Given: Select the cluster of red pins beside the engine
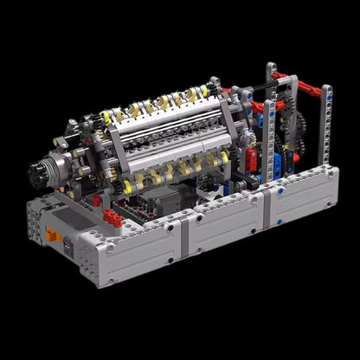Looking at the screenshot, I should (x=113, y=218).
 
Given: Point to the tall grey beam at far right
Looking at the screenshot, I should (x=326, y=130).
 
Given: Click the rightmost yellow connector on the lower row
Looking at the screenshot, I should (x=224, y=157).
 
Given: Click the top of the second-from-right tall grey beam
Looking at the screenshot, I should (x=272, y=69).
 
